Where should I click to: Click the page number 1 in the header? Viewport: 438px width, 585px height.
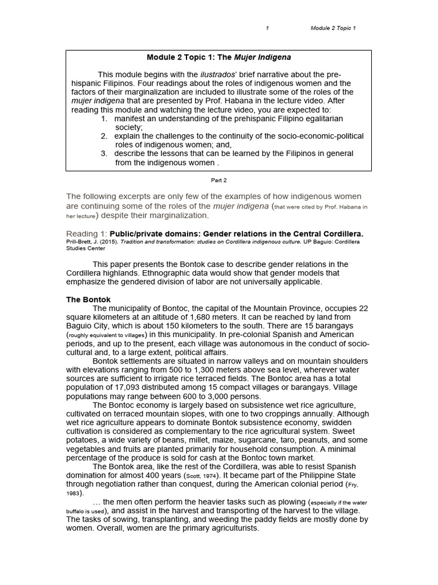coord(267,28)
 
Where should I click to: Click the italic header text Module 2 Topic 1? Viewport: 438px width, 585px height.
coord(333,28)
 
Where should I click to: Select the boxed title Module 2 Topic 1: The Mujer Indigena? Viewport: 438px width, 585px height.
coord(219,58)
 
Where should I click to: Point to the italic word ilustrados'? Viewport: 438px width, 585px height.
coord(217,74)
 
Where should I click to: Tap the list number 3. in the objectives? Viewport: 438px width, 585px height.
coord(104,153)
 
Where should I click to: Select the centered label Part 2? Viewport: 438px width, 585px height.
coord(219,180)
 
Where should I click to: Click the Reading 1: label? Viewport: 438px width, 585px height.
coord(87,234)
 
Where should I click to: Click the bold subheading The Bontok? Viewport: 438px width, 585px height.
coord(88,299)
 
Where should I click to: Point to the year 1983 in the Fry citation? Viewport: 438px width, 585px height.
coord(72,494)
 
